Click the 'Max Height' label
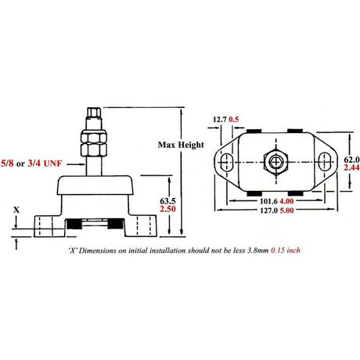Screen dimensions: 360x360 pos(181,146)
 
